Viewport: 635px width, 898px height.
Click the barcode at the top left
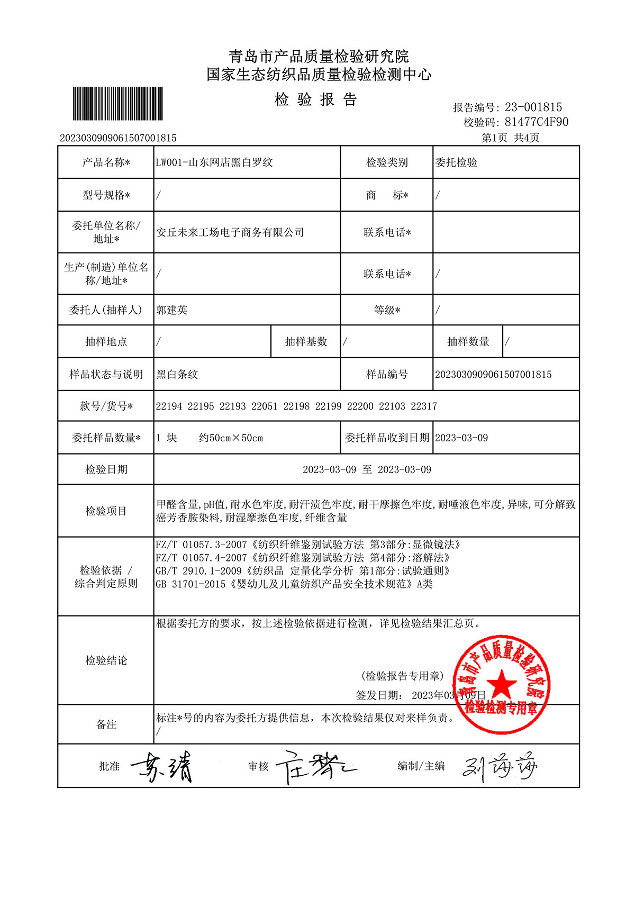pyautogui.click(x=117, y=104)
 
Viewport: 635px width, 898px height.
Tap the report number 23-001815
pyautogui.click(x=533, y=107)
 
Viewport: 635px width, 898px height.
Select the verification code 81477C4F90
pyautogui.click(x=537, y=122)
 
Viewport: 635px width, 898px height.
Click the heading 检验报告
pyautogui.click(x=316, y=99)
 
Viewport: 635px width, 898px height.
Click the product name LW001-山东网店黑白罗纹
pyautogui.click(x=214, y=162)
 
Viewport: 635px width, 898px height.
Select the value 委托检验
pyautogui.click(x=456, y=162)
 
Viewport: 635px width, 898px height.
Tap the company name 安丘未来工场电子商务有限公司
pyautogui.click(x=230, y=232)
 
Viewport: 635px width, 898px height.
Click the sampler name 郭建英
pyautogui.click(x=172, y=310)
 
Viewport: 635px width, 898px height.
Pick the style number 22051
pyautogui.click(x=264, y=406)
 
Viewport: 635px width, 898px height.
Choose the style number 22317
pyautogui.click(x=424, y=406)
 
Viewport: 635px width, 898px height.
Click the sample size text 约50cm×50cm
pyautogui.click(x=231, y=438)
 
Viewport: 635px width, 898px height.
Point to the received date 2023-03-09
pyautogui.click(x=461, y=438)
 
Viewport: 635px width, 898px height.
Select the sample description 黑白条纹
pyautogui.click(x=177, y=375)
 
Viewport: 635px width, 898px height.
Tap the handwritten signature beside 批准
pyautogui.click(x=161, y=766)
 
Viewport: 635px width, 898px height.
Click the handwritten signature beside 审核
pyautogui.click(x=315, y=766)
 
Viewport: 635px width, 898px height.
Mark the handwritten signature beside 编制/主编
pyautogui.click(x=500, y=766)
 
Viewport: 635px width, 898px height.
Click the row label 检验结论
pyautogui.click(x=106, y=660)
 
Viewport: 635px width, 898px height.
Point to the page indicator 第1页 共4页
pyautogui.click(x=510, y=138)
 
